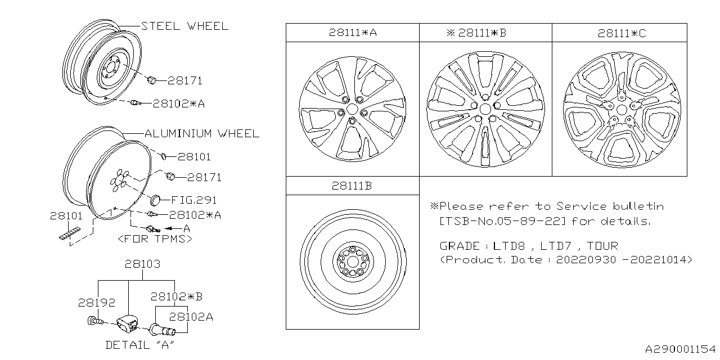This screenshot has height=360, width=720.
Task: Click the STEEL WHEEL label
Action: [x=184, y=26]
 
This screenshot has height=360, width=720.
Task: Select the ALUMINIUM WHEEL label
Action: [x=202, y=133]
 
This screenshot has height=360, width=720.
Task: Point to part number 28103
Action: [x=142, y=263]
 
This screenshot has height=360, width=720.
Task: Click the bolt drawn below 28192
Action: [x=94, y=321]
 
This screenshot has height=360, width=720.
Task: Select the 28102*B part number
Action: [x=177, y=296]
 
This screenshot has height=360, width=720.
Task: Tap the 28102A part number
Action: [x=191, y=316]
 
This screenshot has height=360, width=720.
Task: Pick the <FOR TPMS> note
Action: [x=155, y=239]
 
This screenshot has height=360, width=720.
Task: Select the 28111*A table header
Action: [x=353, y=33]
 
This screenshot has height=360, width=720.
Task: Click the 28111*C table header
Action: [x=622, y=33]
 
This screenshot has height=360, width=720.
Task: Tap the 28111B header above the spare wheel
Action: [x=353, y=186]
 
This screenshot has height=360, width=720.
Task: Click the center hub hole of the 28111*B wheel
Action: [x=485, y=109]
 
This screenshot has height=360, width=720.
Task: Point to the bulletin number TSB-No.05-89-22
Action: [x=502, y=220]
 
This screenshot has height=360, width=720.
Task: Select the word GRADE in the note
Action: [x=459, y=246]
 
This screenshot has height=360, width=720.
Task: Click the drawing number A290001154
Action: [x=679, y=349]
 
